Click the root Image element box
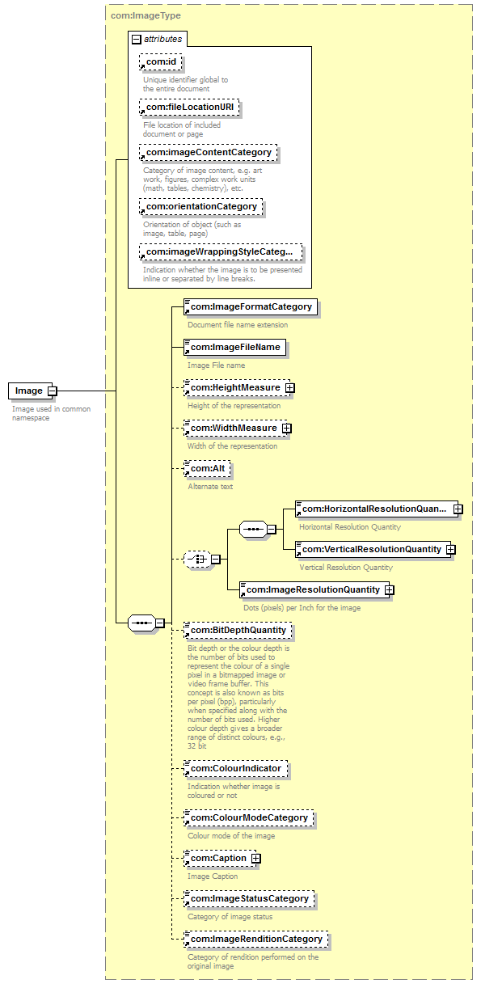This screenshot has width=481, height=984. pyautogui.click(x=30, y=391)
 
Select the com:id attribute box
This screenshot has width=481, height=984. pyautogui.click(x=161, y=62)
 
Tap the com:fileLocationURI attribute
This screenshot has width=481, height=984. pyautogui.click(x=189, y=108)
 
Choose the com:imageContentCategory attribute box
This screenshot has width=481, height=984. pyautogui.click(x=209, y=153)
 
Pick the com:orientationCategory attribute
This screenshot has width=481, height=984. pyautogui.click(x=201, y=206)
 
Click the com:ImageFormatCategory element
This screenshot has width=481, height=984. pyautogui.click(x=251, y=306)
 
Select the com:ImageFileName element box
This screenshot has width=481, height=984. pyautogui.click(x=234, y=347)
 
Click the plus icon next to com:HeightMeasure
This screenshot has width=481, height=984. pyautogui.click(x=290, y=388)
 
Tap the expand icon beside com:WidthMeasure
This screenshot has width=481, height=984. pyautogui.click(x=287, y=429)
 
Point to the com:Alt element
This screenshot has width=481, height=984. pyautogui.click(x=207, y=468)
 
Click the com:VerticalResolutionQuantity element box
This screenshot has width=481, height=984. pyautogui.click(x=371, y=549)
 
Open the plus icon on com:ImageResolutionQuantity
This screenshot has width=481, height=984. pyautogui.click(x=389, y=590)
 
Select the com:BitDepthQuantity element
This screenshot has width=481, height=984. pyautogui.click(x=238, y=630)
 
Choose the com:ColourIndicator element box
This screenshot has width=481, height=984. pyautogui.click(x=235, y=768)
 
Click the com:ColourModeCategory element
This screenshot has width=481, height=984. pyautogui.click(x=249, y=817)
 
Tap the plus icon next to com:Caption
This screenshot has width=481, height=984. pyautogui.click(x=256, y=859)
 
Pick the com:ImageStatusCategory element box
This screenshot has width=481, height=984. pyautogui.click(x=249, y=898)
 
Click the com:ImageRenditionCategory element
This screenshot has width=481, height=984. pyautogui.click(x=255, y=939)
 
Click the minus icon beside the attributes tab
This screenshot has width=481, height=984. pyautogui.click(x=137, y=39)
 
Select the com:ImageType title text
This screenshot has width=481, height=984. pyautogui.click(x=146, y=16)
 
